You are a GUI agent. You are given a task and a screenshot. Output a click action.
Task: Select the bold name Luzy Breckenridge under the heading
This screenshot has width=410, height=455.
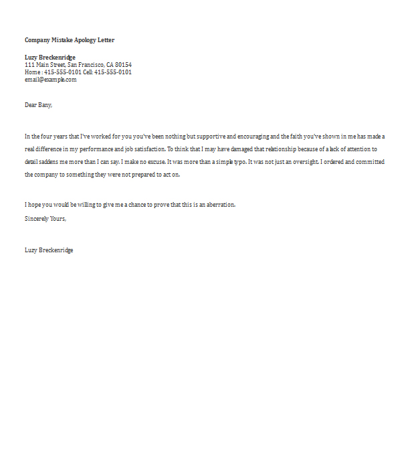(50, 58)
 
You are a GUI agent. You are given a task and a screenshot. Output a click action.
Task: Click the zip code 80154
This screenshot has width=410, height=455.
(124, 65)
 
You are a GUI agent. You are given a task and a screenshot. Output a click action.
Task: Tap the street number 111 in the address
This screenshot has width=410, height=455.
(29, 65)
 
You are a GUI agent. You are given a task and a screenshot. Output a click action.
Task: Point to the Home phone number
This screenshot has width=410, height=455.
(63, 72)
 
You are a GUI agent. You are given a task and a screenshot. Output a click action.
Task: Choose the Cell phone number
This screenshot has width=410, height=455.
(113, 72)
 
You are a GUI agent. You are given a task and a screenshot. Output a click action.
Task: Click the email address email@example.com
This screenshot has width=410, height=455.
(51, 80)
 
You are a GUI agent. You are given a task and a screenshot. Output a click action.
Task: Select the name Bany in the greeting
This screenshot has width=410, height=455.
(44, 105)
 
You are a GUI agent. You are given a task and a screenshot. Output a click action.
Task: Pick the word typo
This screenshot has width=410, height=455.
(237, 162)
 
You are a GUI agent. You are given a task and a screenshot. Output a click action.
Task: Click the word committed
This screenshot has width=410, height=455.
(367, 162)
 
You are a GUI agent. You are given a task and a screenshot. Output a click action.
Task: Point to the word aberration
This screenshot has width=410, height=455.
(219, 205)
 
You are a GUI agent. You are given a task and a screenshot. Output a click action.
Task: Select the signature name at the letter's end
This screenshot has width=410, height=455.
(49, 250)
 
